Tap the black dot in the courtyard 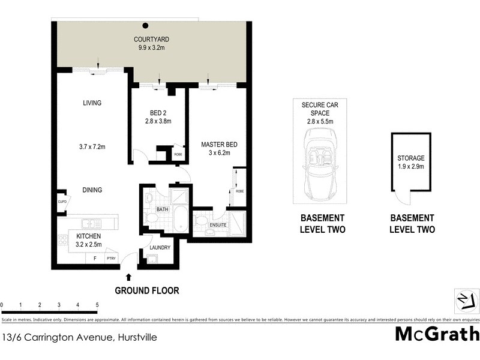145,26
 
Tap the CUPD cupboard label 62,202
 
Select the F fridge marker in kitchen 94,259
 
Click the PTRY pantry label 110,259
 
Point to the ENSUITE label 217,224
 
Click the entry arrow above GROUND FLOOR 130,277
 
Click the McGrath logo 437,334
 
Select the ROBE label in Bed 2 178,154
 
